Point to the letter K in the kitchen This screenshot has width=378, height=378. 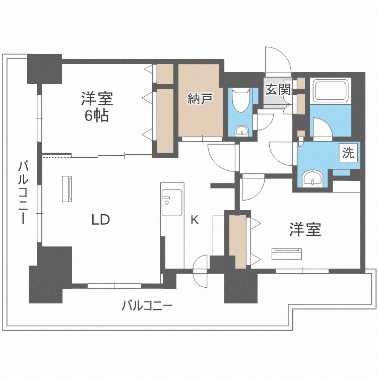coord(194,219)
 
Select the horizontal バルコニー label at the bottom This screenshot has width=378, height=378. coord(148,305)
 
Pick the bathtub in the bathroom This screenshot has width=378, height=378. coord(331,91)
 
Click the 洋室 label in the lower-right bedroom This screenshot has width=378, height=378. coord(305,230)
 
